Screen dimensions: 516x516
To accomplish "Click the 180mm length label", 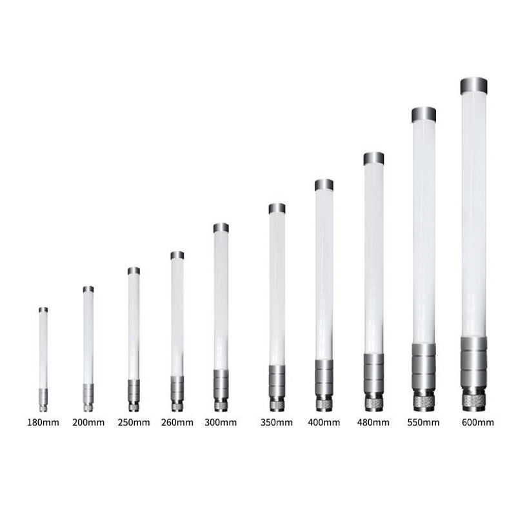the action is point(43,422).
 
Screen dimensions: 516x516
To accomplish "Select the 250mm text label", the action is point(134,422).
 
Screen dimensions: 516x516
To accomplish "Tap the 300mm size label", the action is point(221,422).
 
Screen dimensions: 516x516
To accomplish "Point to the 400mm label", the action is point(324,422).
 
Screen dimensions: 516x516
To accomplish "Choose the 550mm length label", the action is point(423,422).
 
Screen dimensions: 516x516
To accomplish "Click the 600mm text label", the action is point(478,422).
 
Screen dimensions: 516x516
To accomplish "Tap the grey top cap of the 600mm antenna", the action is point(474,86).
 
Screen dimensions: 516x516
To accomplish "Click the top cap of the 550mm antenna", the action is point(424,114).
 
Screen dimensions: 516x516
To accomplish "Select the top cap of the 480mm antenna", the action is point(374,159).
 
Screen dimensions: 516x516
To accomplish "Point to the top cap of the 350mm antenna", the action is point(277,208).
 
